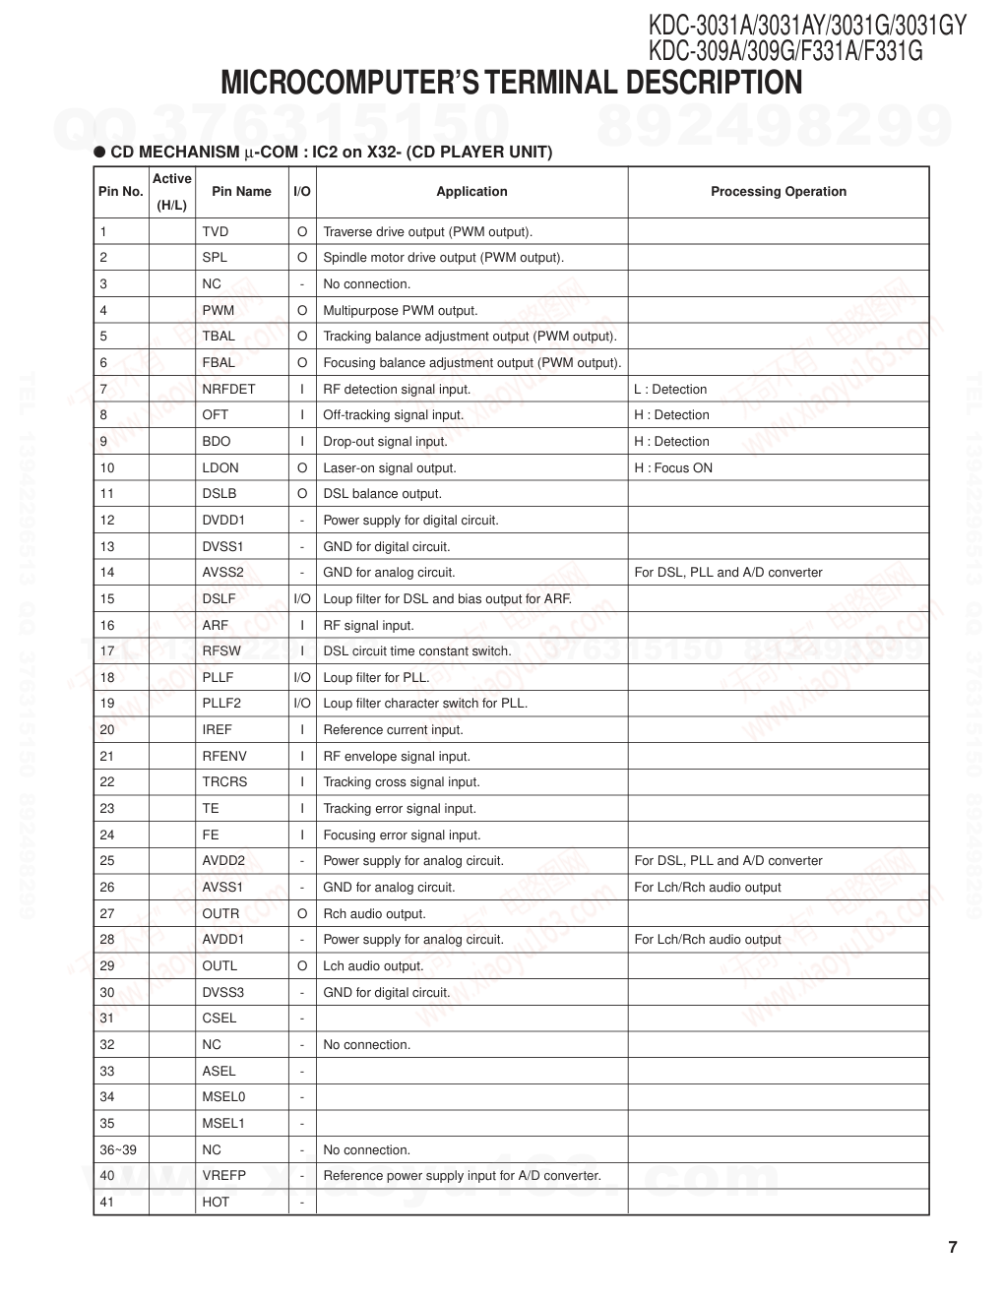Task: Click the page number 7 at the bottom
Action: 952,1248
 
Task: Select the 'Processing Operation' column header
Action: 778,192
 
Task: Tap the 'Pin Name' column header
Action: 241,192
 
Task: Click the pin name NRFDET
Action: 228,389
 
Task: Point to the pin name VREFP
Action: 224,1175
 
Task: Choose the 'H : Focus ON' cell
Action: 673,467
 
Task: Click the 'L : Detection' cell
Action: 670,389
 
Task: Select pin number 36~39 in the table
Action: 118,1149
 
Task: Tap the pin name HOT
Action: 216,1202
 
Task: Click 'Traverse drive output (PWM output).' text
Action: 427,232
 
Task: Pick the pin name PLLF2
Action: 221,703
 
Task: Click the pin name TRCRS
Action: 224,781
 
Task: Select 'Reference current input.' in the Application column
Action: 393,729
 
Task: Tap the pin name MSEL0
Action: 223,1096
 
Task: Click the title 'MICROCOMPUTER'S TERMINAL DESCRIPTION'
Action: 511,83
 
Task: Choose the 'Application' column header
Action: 471,192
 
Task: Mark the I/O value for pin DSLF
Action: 302,598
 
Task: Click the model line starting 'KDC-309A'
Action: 784,50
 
